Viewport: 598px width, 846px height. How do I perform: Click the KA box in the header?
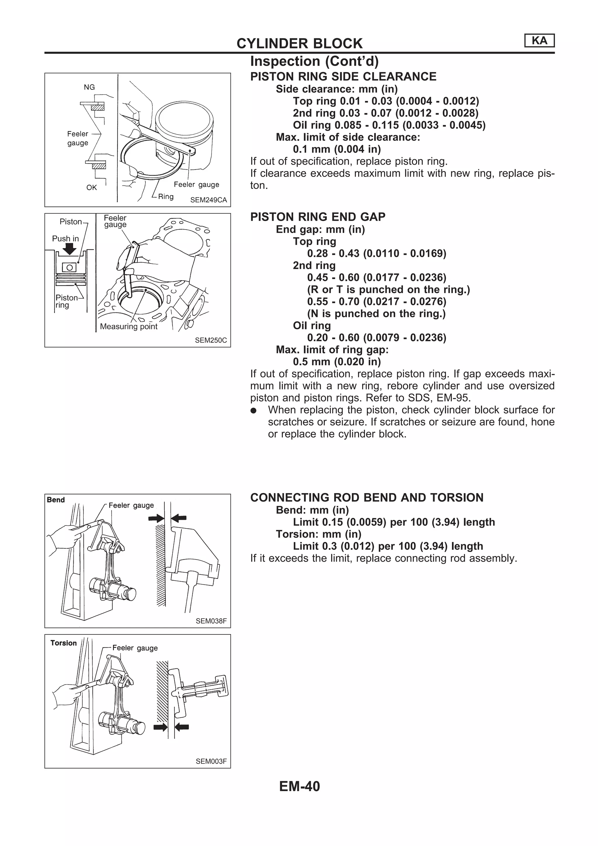pos(539,41)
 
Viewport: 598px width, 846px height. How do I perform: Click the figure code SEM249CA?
pos(208,200)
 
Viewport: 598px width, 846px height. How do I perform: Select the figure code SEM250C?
pos(211,340)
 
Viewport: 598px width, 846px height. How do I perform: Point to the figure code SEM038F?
pos(211,621)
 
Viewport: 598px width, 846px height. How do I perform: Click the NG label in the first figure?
pos(89,87)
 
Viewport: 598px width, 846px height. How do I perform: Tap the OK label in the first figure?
pos(91,187)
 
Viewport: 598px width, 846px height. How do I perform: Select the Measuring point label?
pos(128,326)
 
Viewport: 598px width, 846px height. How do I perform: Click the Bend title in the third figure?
pos(56,500)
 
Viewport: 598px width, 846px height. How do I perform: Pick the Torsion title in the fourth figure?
pos(63,643)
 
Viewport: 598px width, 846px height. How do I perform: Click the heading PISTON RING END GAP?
pos(318,217)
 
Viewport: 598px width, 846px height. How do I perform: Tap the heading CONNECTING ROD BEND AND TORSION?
pos(367,497)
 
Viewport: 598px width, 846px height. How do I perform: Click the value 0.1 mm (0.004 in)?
pos(337,149)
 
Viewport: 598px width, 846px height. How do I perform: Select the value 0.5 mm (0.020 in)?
pos(337,361)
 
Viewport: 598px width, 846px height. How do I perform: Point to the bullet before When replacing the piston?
pos(253,410)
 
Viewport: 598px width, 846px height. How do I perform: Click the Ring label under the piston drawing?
pos(166,196)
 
